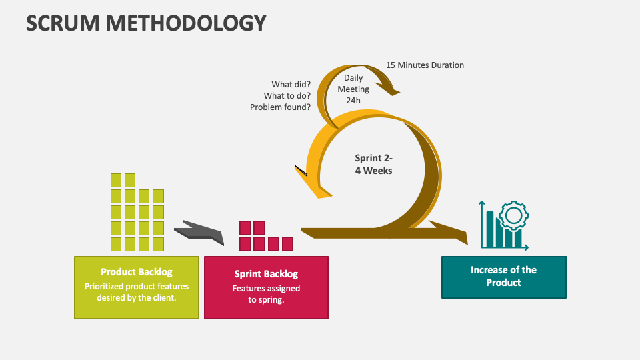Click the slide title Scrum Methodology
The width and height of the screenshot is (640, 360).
tap(146, 23)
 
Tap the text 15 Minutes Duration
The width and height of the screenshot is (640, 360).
tap(425, 65)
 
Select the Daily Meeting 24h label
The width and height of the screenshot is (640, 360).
tap(353, 89)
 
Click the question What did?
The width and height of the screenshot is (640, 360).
tap(291, 85)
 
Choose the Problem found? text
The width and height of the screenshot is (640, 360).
tap(280, 107)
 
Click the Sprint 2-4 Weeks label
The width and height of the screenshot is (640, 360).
tap(373, 165)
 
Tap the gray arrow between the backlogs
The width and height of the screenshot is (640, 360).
tap(199, 231)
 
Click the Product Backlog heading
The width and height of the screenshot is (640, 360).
tap(136, 272)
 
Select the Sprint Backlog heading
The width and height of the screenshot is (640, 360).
tap(266, 274)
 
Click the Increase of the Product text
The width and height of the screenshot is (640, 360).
tap(503, 276)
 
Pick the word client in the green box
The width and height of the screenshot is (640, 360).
tap(161, 298)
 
